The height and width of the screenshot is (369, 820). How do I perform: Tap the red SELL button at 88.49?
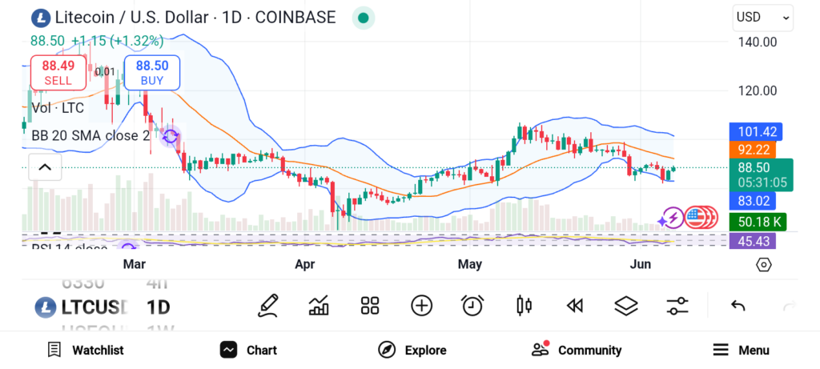coord(58,72)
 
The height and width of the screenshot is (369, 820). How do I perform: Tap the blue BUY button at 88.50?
coord(151,72)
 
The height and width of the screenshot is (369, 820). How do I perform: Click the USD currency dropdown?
coord(762,17)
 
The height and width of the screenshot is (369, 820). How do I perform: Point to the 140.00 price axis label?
coord(757,42)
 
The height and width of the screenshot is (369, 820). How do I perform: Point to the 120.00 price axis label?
coord(757,91)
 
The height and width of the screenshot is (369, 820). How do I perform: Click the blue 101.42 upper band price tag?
coord(755,131)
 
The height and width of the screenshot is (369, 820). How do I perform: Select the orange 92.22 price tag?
coord(755,150)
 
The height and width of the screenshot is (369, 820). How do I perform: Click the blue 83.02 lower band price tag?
coord(755,201)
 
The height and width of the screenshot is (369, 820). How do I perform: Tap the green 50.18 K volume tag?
coord(755,221)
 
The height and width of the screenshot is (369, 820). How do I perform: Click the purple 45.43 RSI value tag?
coord(755,241)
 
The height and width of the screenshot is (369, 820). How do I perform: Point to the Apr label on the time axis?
coord(305,264)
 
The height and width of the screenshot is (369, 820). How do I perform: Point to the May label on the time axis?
coord(469,264)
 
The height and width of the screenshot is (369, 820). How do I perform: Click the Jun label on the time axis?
coord(641,264)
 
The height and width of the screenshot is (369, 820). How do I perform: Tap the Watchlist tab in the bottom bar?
coord(86,350)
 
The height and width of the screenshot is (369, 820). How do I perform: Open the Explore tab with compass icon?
coord(412,350)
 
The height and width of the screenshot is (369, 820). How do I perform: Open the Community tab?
coord(577,350)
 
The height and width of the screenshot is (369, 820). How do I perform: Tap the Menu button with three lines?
coord(741,350)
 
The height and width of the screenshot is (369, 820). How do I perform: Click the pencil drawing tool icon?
coord(268,305)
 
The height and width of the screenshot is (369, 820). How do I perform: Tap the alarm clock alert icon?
coord(472,305)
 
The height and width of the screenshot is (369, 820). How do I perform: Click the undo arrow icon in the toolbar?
coord(738,305)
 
